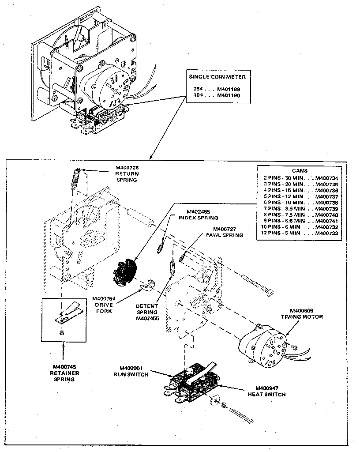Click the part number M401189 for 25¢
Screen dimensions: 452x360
[228, 88]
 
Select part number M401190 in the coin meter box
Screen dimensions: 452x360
[228, 95]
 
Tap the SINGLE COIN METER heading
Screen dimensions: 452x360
[217, 76]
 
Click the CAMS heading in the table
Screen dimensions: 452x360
[300, 170]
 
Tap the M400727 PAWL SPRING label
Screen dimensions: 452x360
[227, 232]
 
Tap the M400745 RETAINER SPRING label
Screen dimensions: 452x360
[64, 373]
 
